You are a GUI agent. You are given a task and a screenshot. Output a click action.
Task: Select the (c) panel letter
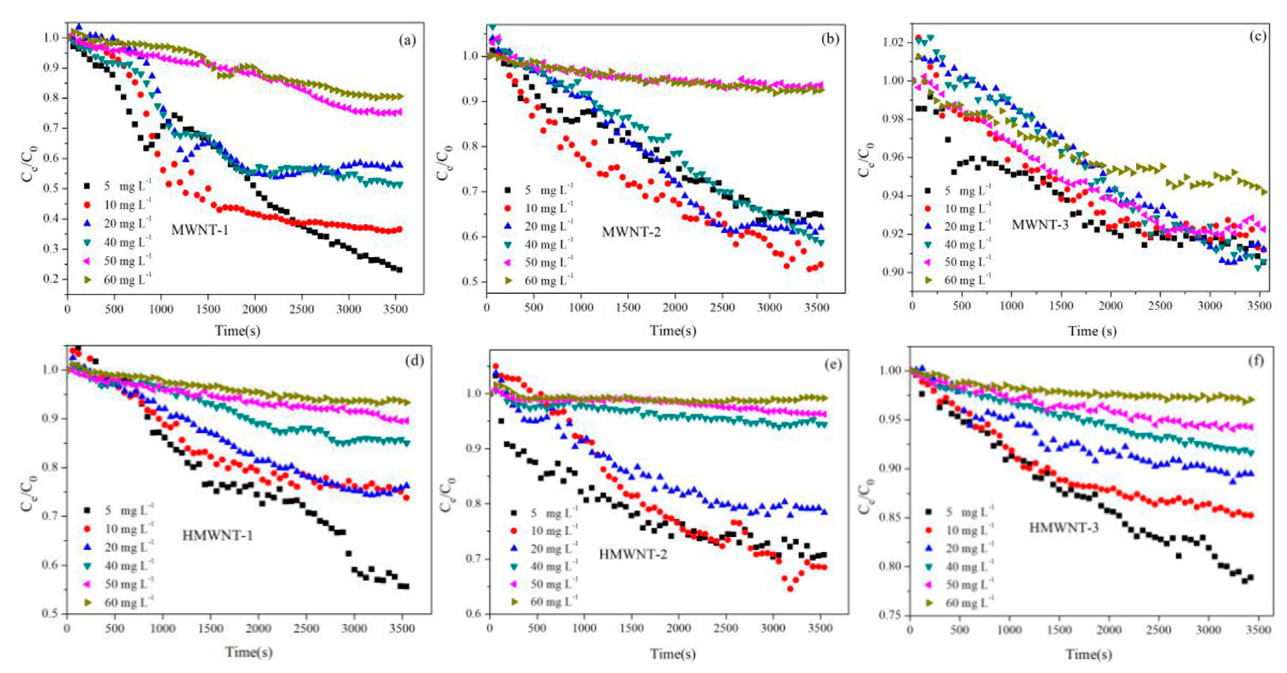[x=1257, y=36]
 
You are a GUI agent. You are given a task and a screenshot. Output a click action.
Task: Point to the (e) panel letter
[x=832, y=365]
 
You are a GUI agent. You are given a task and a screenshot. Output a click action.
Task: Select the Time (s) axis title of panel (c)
[x=1092, y=331]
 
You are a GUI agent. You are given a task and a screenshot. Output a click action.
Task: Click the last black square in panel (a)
[x=399, y=270]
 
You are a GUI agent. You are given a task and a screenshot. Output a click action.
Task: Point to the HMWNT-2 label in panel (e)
[x=632, y=554]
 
